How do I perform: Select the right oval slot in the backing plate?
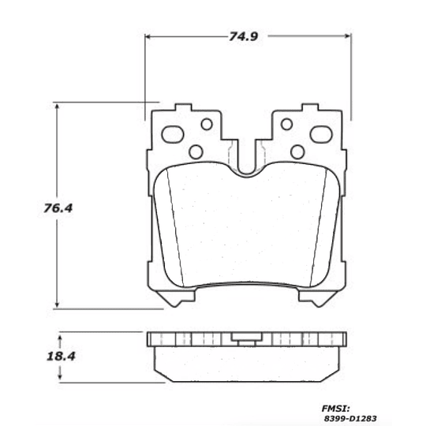tap(321, 134)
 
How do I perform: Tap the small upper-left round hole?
tap(207, 124)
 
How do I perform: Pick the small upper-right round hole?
tap(286, 124)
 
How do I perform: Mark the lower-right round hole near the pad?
tap(297, 151)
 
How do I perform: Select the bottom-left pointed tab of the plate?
tap(170, 298)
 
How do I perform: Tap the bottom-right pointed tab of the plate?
tap(323, 298)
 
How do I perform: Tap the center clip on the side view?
tap(247, 339)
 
